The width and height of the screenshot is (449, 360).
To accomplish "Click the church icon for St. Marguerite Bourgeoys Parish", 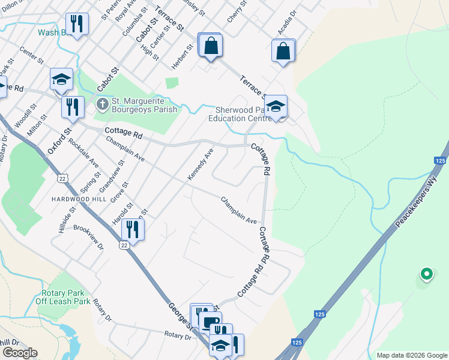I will click(x=102, y=105).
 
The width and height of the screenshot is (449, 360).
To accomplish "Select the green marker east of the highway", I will click(x=426, y=274).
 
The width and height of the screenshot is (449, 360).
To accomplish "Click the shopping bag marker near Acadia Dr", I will click(x=283, y=50).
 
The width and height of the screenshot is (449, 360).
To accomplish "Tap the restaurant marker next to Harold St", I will click(x=133, y=230).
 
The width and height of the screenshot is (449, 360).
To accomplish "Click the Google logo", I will click(x=20, y=353).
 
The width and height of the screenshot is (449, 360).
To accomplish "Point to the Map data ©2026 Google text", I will click(x=411, y=355).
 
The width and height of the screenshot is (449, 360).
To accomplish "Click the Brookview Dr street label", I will click(x=88, y=237).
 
